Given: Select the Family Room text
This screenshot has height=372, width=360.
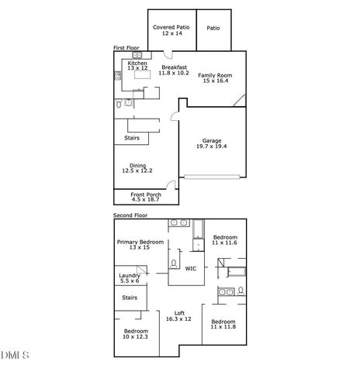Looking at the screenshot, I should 215,75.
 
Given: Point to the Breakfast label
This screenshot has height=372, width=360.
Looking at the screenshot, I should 174,67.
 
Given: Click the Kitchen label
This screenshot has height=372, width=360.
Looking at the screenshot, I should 126,63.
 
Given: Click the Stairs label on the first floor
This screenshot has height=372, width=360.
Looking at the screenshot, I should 131,139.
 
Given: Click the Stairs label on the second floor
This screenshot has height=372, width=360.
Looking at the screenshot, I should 130,297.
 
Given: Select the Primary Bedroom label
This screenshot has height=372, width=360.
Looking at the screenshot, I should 140,243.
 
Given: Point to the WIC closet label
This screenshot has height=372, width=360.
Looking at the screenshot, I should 190,268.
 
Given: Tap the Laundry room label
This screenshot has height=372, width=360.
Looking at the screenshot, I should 129,275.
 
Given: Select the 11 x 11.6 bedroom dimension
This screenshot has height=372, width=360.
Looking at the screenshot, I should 225,243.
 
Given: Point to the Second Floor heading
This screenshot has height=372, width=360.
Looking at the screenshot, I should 130,215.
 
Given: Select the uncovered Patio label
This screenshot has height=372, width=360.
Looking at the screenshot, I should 213,29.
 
